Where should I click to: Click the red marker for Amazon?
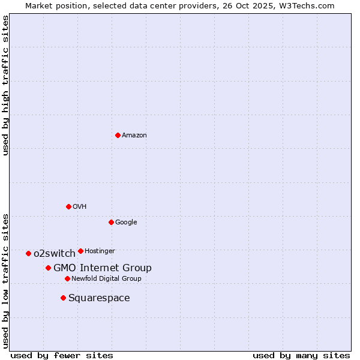tap(118, 135)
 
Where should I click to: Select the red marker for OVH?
tap(68, 206)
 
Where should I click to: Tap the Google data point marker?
tap(111, 222)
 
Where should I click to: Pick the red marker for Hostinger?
tap(80, 251)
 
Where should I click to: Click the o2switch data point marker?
tap(28, 253)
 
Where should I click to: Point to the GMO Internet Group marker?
tap(48, 268)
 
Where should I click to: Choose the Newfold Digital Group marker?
tap(67, 278)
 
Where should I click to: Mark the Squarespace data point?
tap(63, 298)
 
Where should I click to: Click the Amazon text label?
tap(134, 136)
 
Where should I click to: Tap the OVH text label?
tap(79, 207)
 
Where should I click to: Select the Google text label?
tap(126, 223)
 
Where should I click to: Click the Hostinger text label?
tap(100, 251)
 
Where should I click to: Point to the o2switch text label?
tap(54, 253)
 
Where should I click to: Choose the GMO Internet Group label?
tap(102, 268)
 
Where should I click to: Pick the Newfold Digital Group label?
tap(106, 278)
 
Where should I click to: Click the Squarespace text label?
tap(99, 298)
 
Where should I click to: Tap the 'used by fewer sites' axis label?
tap(62, 355)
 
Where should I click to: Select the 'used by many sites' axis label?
tap(301, 355)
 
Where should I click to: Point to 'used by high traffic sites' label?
tap(6, 86)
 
